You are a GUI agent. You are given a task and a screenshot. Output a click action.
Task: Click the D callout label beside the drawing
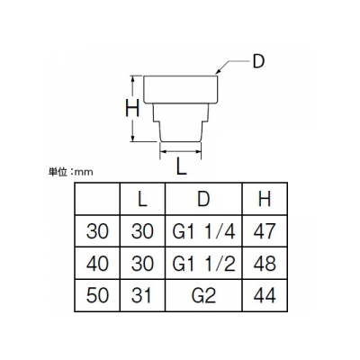pyautogui.click(x=257, y=61)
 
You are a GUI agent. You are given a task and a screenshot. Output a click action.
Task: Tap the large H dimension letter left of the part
pyautogui.click(x=132, y=108)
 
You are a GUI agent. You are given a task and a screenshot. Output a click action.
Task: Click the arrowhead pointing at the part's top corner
pyautogui.click(x=219, y=72)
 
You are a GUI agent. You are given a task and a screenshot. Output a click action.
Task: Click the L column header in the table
pyautogui.click(x=142, y=199)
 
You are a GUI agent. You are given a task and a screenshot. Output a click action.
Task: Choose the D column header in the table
pyautogui.click(x=203, y=199)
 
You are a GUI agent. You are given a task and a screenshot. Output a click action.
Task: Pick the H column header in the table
pyautogui.click(x=265, y=199)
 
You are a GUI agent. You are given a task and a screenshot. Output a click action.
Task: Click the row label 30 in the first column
pyautogui.click(x=97, y=231)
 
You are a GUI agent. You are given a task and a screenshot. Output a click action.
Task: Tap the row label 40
pyautogui.click(x=97, y=264)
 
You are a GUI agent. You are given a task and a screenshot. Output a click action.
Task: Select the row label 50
pyautogui.click(x=97, y=295)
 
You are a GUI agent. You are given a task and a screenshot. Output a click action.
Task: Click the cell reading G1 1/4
pyautogui.click(x=203, y=231)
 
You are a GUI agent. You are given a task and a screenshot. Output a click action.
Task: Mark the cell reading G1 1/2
pyautogui.click(x=203, y=264)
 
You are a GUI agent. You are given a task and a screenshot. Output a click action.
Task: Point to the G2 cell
pyautogui.click(x=203, y=295)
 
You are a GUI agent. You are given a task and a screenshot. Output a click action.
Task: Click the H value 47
pyautogui.click(x=265, y=231)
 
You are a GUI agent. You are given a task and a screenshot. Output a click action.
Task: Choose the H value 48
pyautogui.click(x=265, y=264)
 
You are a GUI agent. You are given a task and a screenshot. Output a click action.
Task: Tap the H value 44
pyautogui.click(x=265, y=295)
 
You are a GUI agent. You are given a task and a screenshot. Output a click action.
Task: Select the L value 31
pyautogui.click(x=141, y=295)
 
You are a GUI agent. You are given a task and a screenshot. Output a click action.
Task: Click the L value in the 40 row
pyautogui.click(x=142, y=264)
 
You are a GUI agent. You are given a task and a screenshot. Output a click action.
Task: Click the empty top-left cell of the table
pyautogui.click(x=97, y=199)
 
